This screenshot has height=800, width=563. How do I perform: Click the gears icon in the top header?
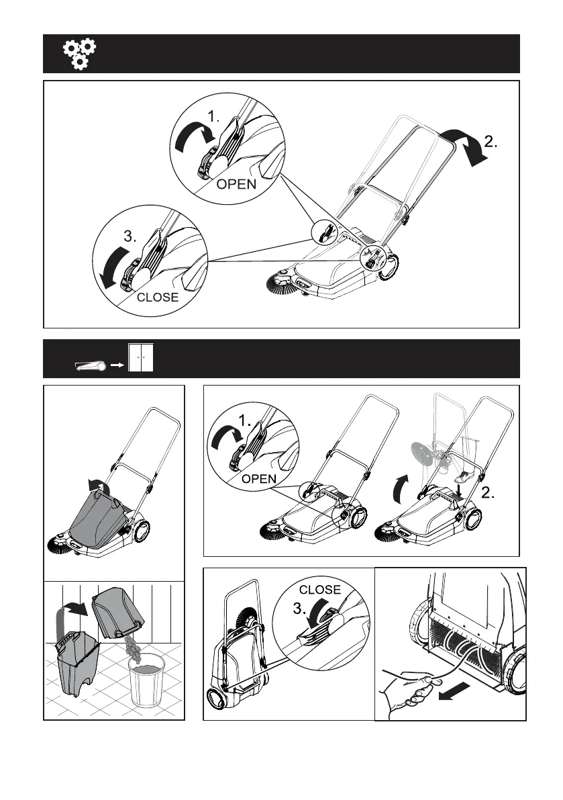(x=79, y=54)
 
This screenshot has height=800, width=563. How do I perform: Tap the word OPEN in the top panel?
(x=236, y=183)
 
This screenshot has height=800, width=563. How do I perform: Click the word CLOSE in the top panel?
(x=158, y=297)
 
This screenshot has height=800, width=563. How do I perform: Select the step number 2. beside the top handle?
(x=491, y=141)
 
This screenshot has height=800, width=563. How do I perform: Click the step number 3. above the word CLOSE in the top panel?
(x=130, y=236)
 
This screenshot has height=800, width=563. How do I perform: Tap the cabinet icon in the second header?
(x=141, y=357)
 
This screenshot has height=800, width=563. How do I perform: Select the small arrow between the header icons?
(x=117, y=366)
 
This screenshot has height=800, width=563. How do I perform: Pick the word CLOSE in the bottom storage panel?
(x=320, y=590)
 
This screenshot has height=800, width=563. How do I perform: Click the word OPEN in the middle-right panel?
(x=259, y=479)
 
